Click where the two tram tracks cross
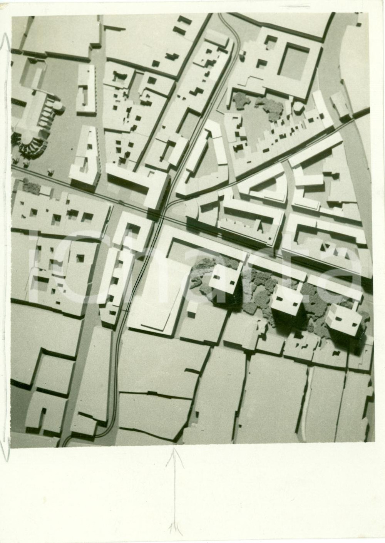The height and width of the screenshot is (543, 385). coord(162,219)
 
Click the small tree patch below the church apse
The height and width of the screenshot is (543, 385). coord(31,186)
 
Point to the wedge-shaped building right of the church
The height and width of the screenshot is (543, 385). coord(88,156)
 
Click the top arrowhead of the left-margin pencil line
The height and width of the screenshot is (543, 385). coord(6,37)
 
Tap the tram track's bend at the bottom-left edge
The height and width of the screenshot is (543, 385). coord(69,439)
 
